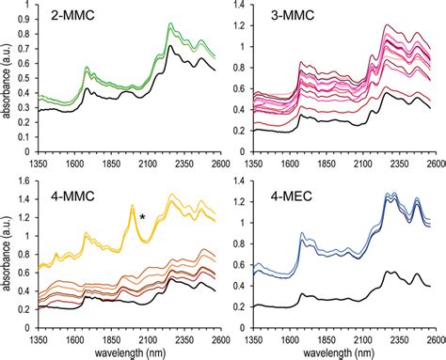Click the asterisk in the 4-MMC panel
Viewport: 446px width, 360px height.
[x=142, y=218]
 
